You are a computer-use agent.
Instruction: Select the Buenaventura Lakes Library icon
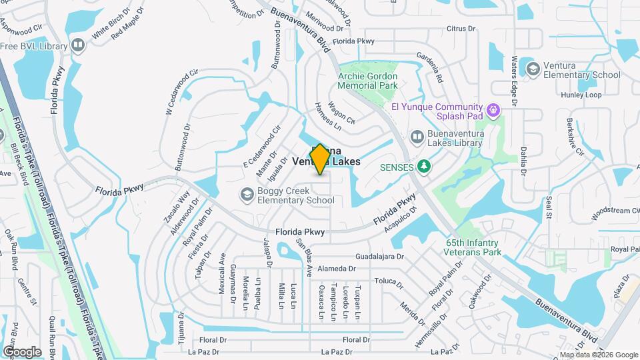[x=417, y=137]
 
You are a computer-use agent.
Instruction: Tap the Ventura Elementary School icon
[x=532, y=69]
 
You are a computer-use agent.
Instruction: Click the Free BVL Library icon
[x=79, y=46]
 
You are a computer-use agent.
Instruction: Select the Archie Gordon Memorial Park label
[x=367, y=81]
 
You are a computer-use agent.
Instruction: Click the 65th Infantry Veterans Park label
[x=473, y=248]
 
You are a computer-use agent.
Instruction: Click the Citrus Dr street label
[x=461, y=29]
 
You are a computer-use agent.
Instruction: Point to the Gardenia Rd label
[x=430, y=67]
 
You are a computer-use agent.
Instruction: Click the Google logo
[x=22, y=352]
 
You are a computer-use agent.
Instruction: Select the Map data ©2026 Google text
[x=599, y=355]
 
